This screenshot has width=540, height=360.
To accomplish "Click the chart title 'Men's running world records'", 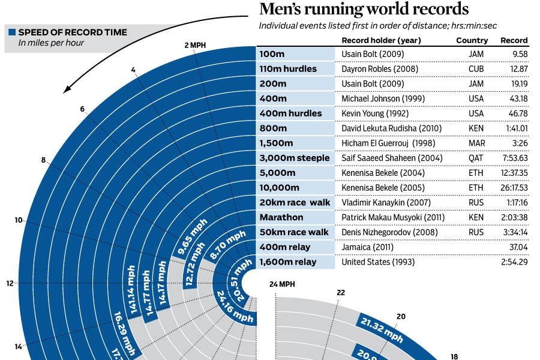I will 363,10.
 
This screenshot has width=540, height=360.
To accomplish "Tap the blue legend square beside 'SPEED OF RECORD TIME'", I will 11,32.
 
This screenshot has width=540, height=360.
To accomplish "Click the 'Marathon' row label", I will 281,217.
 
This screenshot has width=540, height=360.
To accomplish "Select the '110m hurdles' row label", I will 288,69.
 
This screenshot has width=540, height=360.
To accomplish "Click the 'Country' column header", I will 472,41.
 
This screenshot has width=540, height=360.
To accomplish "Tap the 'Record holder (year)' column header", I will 381,41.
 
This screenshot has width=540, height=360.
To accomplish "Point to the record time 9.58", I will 520,54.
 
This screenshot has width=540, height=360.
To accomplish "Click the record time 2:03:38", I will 515,217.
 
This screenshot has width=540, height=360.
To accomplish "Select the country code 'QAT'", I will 476,158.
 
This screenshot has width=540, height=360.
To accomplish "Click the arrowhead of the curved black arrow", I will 67,91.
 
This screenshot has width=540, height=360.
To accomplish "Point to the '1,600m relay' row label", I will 288,262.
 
